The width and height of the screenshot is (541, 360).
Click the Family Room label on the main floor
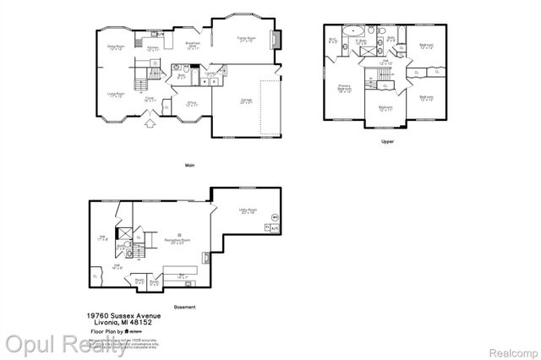tap(246, 39)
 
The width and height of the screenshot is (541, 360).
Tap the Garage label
tap(247, 101)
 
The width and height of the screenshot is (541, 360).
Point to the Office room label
tap(192, 105)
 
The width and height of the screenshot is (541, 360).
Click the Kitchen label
tap(154, 49)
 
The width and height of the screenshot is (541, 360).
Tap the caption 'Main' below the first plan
tap(190, 165)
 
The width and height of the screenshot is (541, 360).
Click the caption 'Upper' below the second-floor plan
tap(387, 141)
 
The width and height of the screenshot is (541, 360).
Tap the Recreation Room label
tap(178, 242)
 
